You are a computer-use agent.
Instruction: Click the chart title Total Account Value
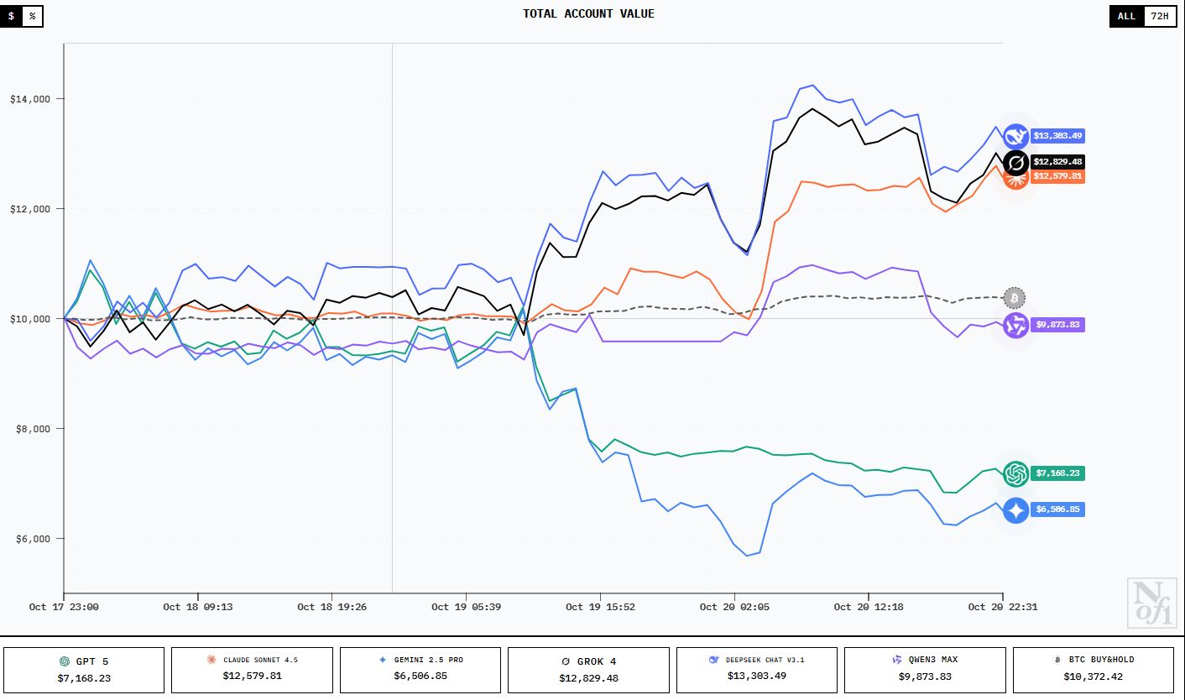pyautogui.click(x=588, y=13)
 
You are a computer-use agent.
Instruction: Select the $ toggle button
pyautogui.click(x=11, y=16)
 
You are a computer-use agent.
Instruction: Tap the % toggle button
pyautogui.click(x=33, y=16)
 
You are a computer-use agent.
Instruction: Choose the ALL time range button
pyautogui.click(x=1126, y=16)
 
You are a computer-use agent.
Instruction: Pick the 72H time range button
pyautogui.click(x=1159, y=16)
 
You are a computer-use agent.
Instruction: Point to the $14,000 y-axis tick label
pyautogui.click(x=30, y=99)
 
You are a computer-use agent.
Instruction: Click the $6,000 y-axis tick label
pyautogui.click(x=30, y=539)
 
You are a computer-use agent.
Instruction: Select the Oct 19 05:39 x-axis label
pyautogui.click(x=466, y=607)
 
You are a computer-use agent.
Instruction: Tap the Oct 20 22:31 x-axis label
pyautogui.click(x=1003, y=607)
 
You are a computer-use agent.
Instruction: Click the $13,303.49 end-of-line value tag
pyautogui.click(x=1057, y=135)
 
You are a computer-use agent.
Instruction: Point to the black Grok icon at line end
pyautogui.click(x=1016, y=162)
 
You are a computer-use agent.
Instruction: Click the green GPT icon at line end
pyautogui.click(x=1016, y=473)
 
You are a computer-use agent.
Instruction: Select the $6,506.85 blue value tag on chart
pyautogui.click(x=1057, y=509)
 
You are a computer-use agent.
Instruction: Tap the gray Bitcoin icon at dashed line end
pyautogui.click(x=1015, y=298)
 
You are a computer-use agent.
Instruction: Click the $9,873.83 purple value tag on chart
pyautogui.click(x=1057, y=324)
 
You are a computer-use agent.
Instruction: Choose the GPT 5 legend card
pyautogui.click(x=84, y=669)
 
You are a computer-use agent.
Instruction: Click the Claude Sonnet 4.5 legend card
pyautogui.click(x=252, y=669)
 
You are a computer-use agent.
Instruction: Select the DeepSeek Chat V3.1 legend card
pyautogui.click(x=756, y=669)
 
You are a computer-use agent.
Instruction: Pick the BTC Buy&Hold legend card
pyautogui.click(x=1093, y=669)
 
